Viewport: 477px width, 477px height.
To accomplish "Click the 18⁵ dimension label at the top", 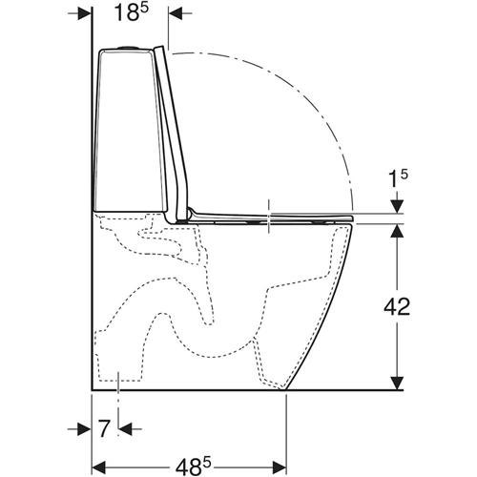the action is (132, 13).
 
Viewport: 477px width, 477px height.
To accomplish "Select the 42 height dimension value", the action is (397, 306).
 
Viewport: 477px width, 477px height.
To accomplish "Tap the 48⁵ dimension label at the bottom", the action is (194, 467).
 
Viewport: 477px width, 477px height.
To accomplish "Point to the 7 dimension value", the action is (105, 428).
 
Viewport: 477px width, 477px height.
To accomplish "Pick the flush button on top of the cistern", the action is (129, 48).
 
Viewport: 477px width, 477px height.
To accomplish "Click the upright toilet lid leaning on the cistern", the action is (172, 134).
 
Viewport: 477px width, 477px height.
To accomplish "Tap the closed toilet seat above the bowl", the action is (270, 218).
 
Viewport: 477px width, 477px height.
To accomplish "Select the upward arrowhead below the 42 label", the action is (397, 231).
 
